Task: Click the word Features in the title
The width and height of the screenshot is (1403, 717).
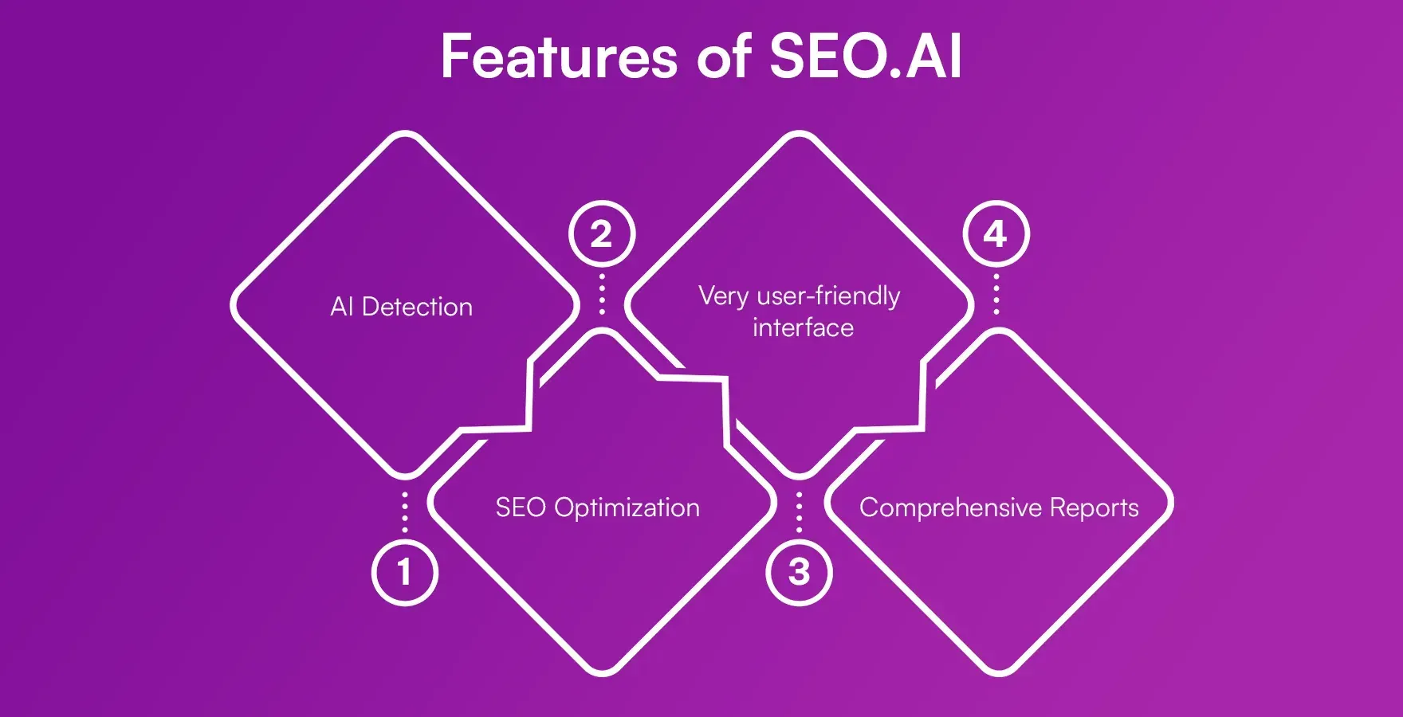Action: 559,57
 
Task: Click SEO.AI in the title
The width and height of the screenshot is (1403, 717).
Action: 866,57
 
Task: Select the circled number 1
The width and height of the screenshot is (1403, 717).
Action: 405,572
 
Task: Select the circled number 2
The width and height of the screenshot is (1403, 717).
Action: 602,234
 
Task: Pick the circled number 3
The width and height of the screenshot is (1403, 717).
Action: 799,572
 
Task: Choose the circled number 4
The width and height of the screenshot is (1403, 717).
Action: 996,234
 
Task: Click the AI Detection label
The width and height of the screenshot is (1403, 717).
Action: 401,307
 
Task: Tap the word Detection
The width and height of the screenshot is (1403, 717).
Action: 417,307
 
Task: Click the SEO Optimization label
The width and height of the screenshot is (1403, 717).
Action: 597,507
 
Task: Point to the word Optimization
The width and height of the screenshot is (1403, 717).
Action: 627,508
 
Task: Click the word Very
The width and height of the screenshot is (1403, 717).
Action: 723,296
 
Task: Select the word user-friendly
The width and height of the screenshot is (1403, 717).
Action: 828,296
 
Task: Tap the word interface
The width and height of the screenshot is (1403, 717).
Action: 803,327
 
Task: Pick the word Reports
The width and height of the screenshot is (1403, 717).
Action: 1094,508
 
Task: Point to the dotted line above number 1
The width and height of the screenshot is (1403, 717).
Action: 405,511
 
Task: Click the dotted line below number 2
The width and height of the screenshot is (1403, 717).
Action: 602,294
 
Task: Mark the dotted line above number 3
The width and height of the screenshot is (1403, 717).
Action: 799,511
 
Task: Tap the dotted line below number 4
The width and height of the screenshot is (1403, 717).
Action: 996,294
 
